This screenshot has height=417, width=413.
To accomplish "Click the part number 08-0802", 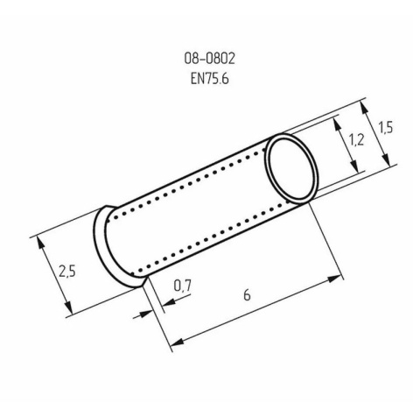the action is [x=209, y=59].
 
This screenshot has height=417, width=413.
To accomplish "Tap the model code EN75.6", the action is [x=210, y=78].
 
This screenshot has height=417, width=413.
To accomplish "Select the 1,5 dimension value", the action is [x=385, y=128].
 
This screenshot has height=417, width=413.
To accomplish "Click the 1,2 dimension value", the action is [x=356, y=140].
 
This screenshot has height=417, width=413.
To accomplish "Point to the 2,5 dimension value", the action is [x=67, y=271].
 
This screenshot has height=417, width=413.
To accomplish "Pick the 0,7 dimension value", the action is [x=182, y=286].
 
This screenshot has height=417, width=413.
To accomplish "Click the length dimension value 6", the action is [x=247, y=295].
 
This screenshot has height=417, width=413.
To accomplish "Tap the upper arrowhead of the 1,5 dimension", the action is [x=364, y=109].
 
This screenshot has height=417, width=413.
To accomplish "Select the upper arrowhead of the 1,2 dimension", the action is [x=338, y=124].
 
